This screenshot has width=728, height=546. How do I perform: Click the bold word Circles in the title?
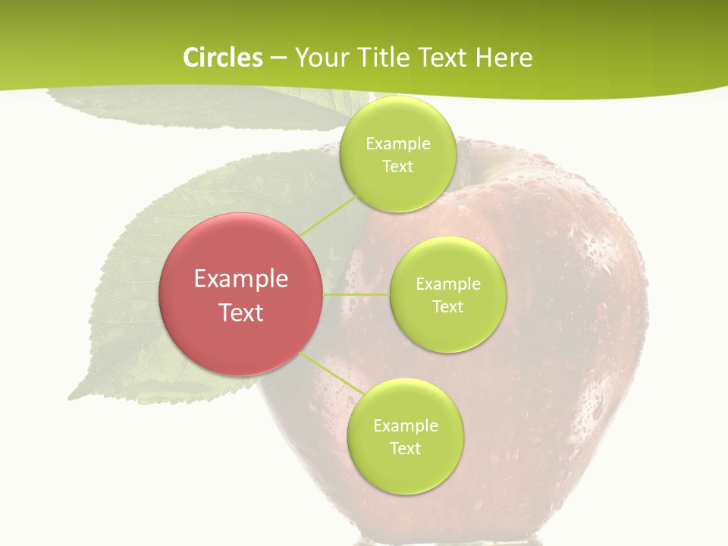[x=222, y=58]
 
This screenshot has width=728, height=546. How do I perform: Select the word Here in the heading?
[x=504, y=58]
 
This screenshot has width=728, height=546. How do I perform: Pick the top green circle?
[x=397, y=186]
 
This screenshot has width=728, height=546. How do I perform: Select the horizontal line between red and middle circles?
[x=356, y=293]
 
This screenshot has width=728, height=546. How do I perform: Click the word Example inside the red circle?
[x=241, y=279]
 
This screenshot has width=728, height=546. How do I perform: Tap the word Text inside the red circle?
[x=241, y=312]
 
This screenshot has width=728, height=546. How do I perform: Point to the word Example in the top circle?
[x=397, y=144]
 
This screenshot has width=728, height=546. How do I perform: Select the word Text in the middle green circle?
[x=447, y=306]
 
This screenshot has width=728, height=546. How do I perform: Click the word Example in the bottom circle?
[x=405, y=426]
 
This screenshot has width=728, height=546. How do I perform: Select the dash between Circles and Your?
[x=278, y=58]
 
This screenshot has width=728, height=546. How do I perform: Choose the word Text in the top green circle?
[x=397, y=166]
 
